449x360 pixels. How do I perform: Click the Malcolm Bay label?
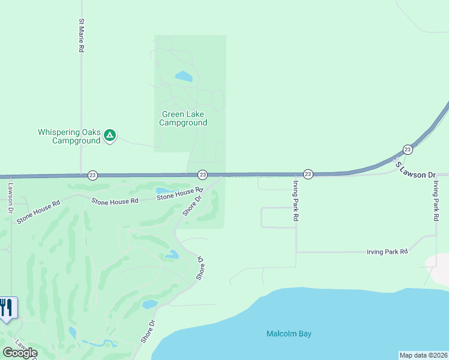pos(289,334)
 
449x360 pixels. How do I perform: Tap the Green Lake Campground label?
pos(183,118)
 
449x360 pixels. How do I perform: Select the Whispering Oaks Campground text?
pos(68,136)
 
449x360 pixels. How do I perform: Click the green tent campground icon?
pos(109,135)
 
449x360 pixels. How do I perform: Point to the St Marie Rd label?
pos(81,36)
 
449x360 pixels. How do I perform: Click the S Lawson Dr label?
pos(414,169)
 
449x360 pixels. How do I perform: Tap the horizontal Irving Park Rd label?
pos(387,252)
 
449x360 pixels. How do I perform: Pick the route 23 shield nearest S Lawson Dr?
pos(408,149)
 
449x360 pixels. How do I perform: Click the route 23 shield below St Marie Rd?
pos(92,175)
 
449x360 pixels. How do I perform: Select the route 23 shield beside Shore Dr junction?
pos(202,175)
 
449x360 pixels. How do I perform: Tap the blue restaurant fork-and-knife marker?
pos(7,308)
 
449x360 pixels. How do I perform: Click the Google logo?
pos(20,352)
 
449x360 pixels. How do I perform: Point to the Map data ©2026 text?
pos(423,355)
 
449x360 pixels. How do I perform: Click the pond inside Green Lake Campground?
pos(184,77)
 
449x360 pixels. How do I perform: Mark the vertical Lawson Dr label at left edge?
pos(10,199)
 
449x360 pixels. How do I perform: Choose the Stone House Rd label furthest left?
pos(38,212)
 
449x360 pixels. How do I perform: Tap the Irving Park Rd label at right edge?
pos(436,201)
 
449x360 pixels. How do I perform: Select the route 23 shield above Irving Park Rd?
pos(307,174)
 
